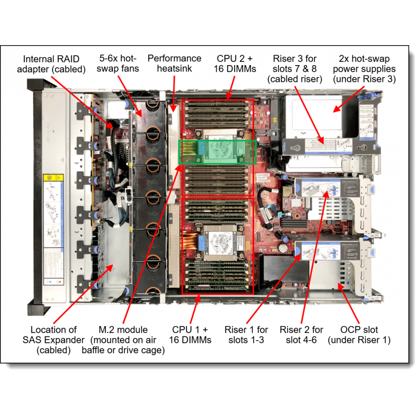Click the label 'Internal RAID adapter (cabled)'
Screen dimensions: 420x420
pos(51,64)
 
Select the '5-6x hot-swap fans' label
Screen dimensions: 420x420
pos(119,64)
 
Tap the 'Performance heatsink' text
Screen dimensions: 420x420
pos(174,64)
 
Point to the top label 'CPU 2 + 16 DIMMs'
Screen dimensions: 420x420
pos(236,64)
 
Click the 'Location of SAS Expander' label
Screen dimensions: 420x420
pos(54,340)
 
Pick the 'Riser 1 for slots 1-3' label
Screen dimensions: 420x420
pos(246,334)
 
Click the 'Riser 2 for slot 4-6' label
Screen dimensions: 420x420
pos(301,334)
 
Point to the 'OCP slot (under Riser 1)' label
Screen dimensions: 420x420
pos(360,334)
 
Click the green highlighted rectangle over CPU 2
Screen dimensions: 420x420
pos(217,152)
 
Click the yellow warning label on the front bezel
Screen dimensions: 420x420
pos(52,181)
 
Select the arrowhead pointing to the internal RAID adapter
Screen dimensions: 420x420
pos(111,125)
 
